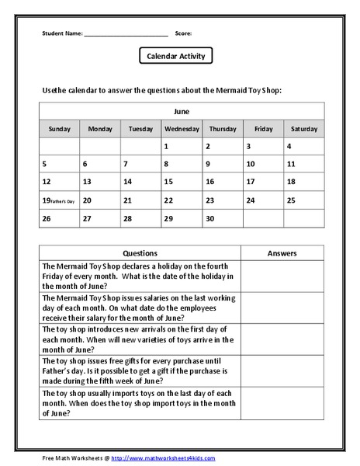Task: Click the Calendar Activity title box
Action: coord(175,57)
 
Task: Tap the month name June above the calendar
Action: coord(181,111)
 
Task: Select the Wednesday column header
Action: coord(182,129)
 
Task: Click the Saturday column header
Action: coord(304,129)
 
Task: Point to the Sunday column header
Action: coord(59,129)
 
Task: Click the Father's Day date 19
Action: coord(46,200)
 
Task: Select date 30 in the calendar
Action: coord(209,218)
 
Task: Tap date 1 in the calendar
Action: coord(166,146)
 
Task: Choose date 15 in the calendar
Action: coord(168,182)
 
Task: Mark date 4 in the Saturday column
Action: coord(289,146)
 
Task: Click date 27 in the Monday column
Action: coord(87,218)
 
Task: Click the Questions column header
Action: coord(140,253)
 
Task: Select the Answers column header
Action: coord(282,253)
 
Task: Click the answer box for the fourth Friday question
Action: coord(282,276)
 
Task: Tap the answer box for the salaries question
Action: coord(282,308)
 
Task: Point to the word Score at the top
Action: coord(183,33)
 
